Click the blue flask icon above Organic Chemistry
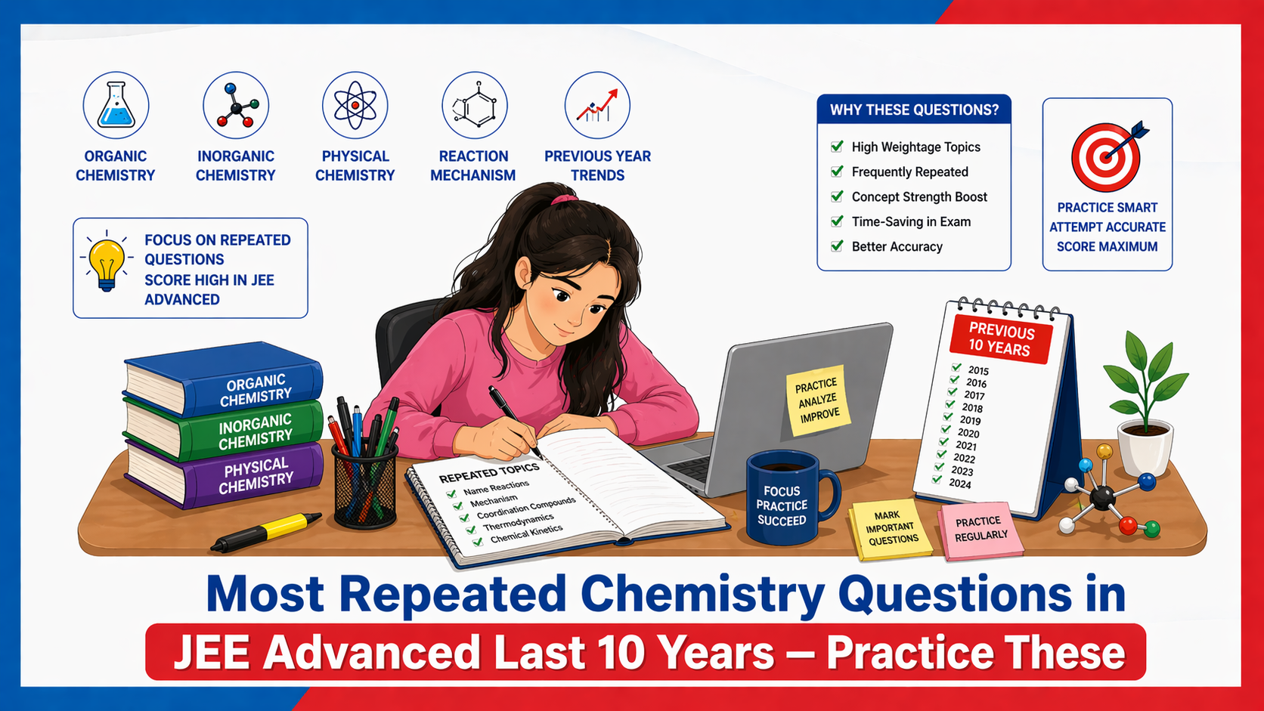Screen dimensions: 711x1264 (x=116, y=106)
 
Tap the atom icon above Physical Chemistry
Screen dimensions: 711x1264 (x=355, y=106)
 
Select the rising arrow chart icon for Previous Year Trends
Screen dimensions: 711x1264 (x=597, y=107)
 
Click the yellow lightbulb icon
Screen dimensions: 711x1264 (x=107, y=262)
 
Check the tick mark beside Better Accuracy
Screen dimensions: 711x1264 (x=837, y=246)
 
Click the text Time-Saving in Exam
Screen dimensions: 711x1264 (x=911, y=221)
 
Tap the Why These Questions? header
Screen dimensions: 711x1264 (x=914, y=110)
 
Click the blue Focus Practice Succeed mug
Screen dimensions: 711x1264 (x=783, y=499)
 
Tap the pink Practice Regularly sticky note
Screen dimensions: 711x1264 (x=981, y=529)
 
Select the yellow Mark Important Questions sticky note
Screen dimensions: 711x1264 (x=891, y=528)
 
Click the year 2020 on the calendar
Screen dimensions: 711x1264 (x=968, y=433)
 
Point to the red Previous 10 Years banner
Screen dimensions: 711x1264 (x=1000, y=339)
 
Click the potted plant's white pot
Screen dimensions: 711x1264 (x=1145, y=449)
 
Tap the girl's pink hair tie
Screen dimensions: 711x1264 (x=562, y=199)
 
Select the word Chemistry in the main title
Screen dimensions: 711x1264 (x=702, y=594)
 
